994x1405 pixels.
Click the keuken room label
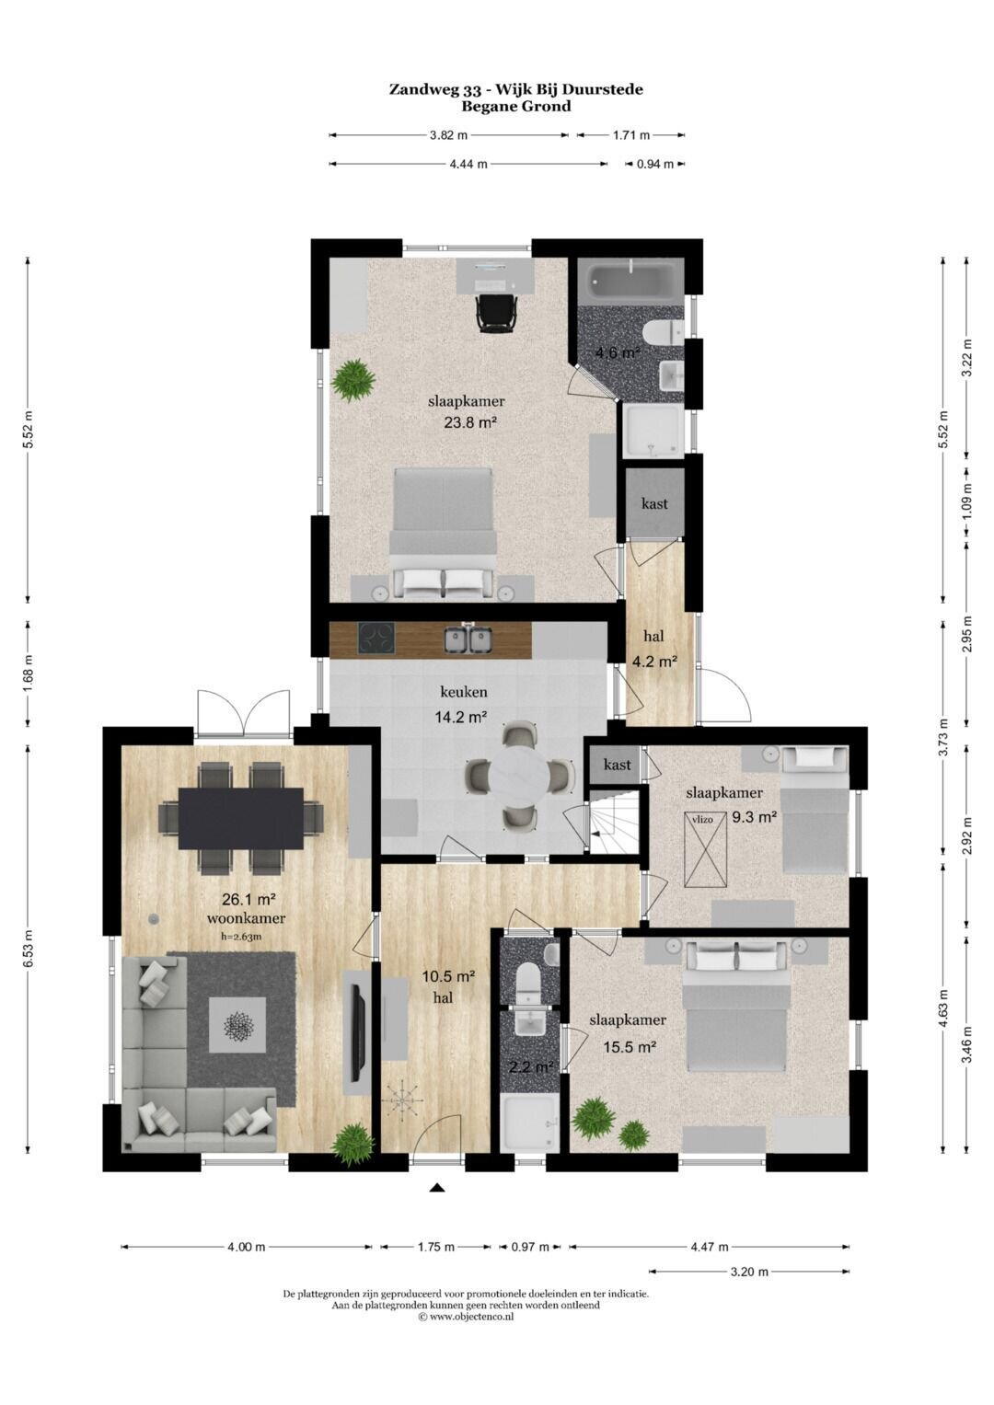463,693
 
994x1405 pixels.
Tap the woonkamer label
246,918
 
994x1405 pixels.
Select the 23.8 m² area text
470,422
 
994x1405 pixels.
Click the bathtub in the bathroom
630,282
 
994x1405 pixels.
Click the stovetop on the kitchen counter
376,640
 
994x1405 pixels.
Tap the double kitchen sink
468,639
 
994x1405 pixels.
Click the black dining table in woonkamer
241,818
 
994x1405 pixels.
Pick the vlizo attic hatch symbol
707,849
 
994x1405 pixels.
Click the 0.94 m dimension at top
654,165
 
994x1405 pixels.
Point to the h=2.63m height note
241,937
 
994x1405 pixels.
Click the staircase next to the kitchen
613,821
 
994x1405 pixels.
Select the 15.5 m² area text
630,1047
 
